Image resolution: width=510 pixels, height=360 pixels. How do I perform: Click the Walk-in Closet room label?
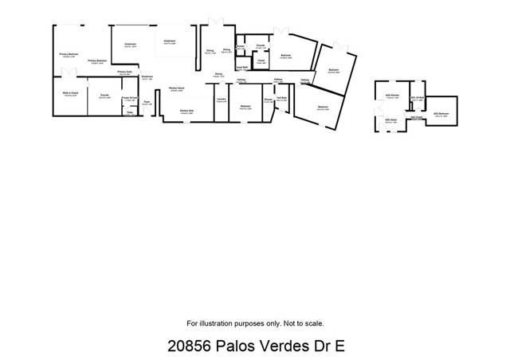69,93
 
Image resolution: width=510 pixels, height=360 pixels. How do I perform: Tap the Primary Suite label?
124,72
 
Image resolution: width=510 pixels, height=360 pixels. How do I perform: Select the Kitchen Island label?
177,88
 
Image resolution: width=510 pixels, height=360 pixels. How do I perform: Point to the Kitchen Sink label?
186,111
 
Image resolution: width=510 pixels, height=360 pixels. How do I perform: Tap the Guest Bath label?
241,68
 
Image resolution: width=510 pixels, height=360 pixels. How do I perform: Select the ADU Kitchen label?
391,95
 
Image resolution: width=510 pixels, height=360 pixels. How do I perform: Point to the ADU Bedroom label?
441,113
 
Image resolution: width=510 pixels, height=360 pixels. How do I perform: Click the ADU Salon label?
390,120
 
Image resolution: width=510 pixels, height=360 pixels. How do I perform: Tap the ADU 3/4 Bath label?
416,97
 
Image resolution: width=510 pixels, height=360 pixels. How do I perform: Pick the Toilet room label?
129,112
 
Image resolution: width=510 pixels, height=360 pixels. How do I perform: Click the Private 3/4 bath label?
130,98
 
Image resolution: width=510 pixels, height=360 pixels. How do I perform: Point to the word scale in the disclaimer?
313,323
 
